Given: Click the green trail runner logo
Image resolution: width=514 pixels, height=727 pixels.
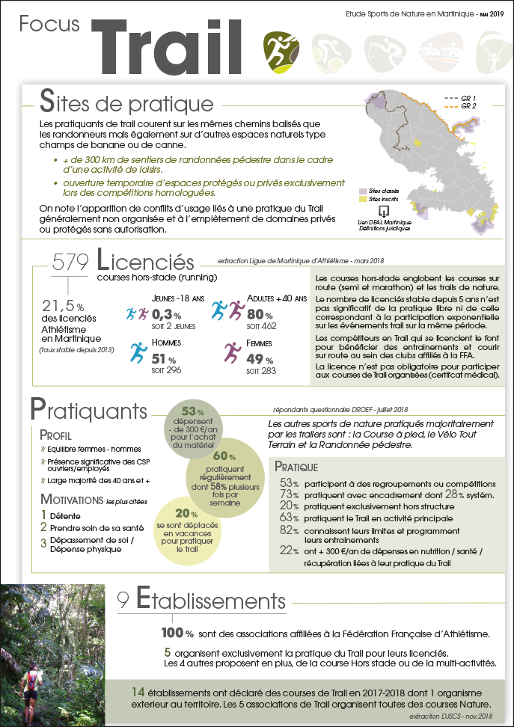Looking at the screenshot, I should pyautogui.click(x=281, y=48).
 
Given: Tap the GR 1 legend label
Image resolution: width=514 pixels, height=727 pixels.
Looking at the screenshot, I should pyautogui.click(x=468, y=98).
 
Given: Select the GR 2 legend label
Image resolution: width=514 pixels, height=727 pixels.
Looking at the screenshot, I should pyautogui.click(x=468, y=106).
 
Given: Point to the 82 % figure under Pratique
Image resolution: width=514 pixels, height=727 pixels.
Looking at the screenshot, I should pyautogui.click(x=290, y=530).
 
